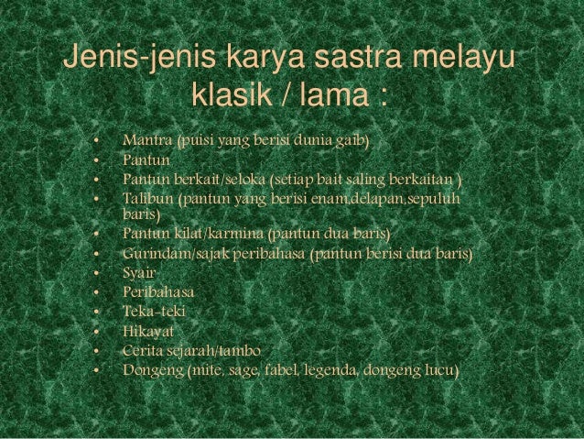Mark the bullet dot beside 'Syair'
click(x=95, y=273)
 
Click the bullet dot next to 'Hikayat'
click(x=95, y=332)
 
